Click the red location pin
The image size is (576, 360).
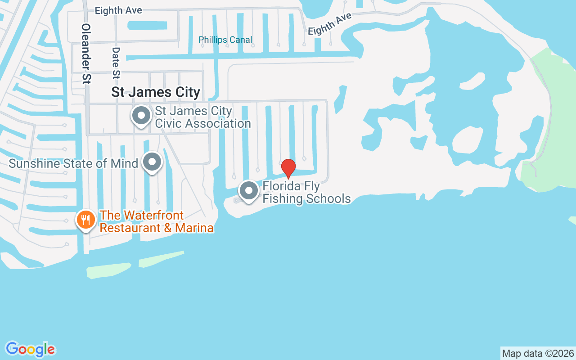(x=288, y=168)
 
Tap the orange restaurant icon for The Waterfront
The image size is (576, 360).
(x=85, y=220)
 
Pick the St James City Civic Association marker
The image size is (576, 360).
(x=141, y=116)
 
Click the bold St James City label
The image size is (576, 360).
(x=156, y=92)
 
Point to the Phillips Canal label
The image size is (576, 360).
(x=225, y=40)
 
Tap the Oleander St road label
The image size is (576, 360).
(x=86, y=54)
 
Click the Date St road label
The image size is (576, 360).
(x=116, y=63)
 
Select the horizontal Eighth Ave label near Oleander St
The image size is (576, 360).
(x=118, y=10)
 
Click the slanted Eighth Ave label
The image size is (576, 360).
(x=329, y=24)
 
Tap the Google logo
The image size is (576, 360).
(x=30, y=349)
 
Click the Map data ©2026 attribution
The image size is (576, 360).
(x=538, y=353)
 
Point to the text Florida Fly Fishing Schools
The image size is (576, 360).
(x=306, y=193)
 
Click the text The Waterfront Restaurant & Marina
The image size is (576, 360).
(x=156, y=221)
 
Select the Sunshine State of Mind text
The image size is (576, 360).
(x=73, y=163)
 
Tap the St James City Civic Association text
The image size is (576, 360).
(x=202, y=117)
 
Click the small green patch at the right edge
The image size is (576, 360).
(x=572, y=220)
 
